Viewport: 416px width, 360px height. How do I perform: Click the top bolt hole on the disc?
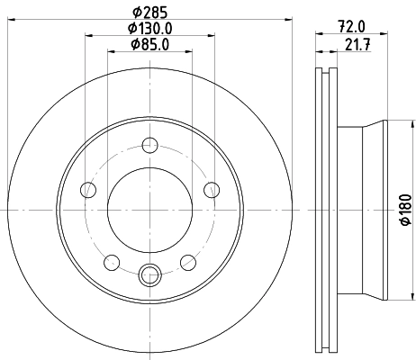click(x=150, y=143)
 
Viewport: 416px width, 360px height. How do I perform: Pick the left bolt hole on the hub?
click(x=88, y=189)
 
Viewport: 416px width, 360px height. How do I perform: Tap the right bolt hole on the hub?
click(x=213, y=189)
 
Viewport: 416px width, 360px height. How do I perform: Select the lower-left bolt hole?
click(x=112, y=261)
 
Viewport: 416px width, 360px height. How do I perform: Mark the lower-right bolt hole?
click(x=189, y=261)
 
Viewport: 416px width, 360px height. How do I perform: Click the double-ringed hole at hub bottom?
click(x=150, y=273)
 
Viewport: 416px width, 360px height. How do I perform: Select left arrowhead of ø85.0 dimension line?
click(x=112, y=50)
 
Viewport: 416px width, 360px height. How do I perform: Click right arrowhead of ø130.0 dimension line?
click(x=213, y=35)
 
